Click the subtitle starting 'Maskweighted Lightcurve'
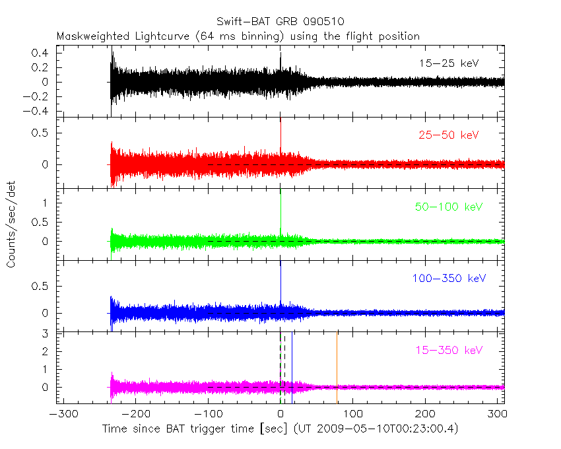point(238,36)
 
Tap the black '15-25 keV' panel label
point(448,63)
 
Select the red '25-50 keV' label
point(448,135)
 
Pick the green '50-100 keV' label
point(449,207)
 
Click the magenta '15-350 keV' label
point(449,350)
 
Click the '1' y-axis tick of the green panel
point(47,203)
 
